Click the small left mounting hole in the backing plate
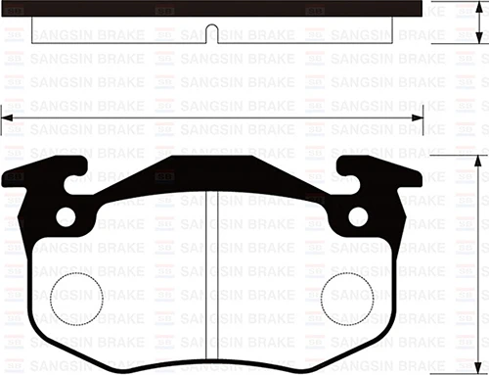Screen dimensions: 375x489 (65, 217)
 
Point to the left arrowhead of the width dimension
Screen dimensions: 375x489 (6, 118)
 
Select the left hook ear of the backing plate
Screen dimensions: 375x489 (39, 180)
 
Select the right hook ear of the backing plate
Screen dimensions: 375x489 (384, 180)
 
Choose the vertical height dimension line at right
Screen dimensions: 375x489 (478, 264)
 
